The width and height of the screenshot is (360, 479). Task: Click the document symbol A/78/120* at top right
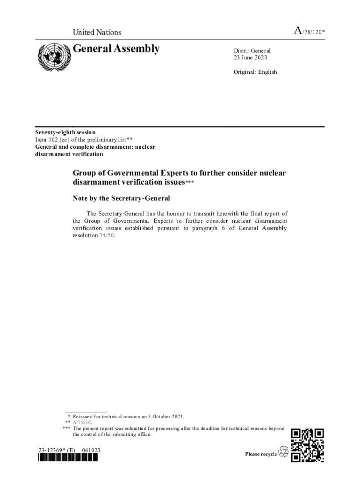(x=309, y=32)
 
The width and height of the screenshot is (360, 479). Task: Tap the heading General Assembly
(x=116, y=49)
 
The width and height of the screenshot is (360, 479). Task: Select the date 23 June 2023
(x=250, y=58)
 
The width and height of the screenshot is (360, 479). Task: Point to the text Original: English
(x=255, y=72)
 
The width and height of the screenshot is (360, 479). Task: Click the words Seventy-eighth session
(x=65, y=132)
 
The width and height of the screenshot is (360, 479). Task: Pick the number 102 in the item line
(x=53, y=139)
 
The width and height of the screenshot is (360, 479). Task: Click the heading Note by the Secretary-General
(x=121, y=198)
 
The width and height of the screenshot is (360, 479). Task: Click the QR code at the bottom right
(x=307, y=445)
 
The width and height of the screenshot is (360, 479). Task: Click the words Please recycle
(x=261, y=454)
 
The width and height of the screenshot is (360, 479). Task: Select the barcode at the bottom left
(x=68, y=458)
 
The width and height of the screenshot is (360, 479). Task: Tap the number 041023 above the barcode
(x=91, y=450)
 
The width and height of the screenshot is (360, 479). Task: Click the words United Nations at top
(x=97, y=32)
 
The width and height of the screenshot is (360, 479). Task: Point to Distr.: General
(x=252, y=51)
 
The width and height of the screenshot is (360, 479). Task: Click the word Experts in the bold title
(x=166, y=173)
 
